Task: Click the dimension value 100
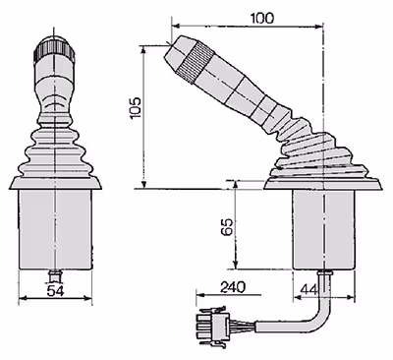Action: point(262,18)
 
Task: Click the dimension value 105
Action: point(135,107)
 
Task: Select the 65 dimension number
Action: point(227,226)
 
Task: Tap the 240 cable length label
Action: point(233,287)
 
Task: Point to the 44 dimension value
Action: point(309,289)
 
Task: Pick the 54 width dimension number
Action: point(55,290)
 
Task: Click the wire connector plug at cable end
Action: point(213,327)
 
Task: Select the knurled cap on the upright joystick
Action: point(54,48)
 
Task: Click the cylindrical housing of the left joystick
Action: point(55,229)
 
